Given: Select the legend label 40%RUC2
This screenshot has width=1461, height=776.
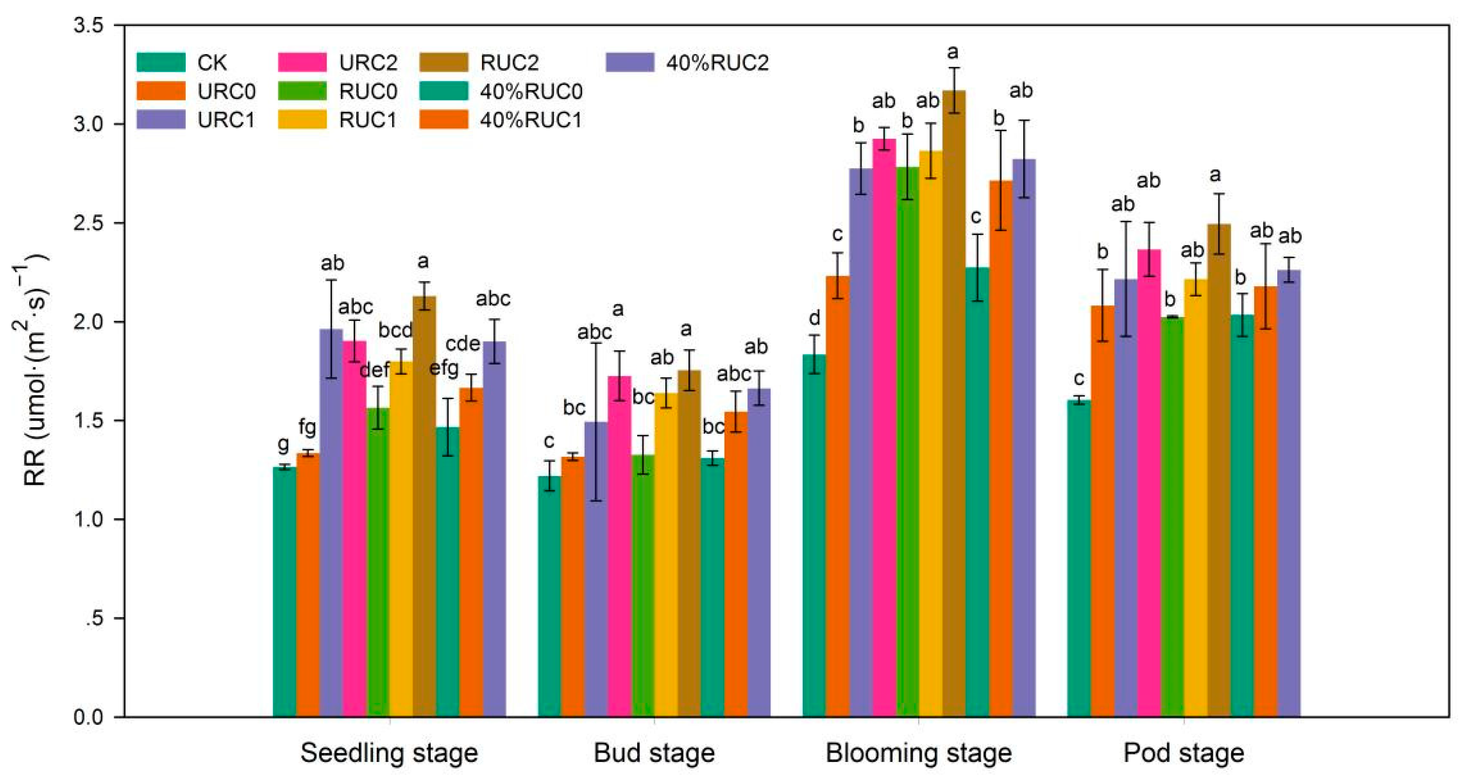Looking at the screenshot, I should tap(717, 63).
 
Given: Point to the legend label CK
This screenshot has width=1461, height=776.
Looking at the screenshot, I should tap(212, 63).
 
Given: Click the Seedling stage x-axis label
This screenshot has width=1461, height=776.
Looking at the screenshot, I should tap(389, 753).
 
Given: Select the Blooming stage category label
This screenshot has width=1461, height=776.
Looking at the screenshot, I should tap(918, 753).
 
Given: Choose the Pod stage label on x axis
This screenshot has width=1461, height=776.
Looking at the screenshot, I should tap(1184, 753).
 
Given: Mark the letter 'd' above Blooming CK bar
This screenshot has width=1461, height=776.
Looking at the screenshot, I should tap(814, 318).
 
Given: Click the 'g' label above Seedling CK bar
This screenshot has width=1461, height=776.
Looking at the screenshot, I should tap(283, 444).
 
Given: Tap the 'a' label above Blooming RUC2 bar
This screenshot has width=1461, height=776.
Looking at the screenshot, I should tap(953, 52).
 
